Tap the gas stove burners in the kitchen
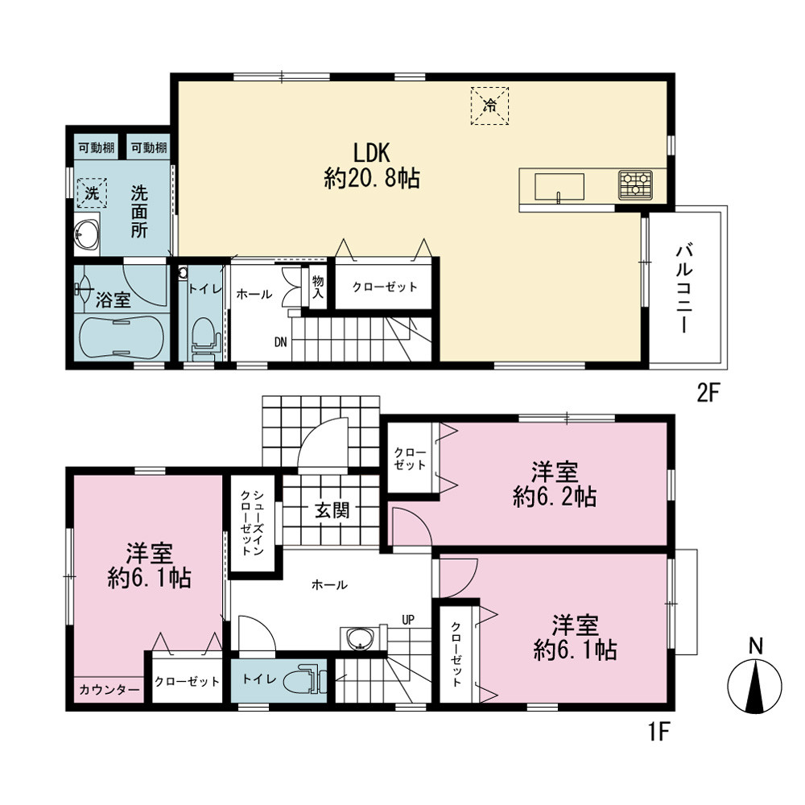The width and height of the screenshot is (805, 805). click(635, 185)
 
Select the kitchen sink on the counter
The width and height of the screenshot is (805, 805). click(559, 187)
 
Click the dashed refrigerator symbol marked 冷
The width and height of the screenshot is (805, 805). click(489, 105)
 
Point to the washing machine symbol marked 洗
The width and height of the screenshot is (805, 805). click(92, 193)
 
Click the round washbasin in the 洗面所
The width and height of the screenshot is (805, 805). click(86, 237)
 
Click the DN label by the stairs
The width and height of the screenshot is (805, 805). click(280, 342)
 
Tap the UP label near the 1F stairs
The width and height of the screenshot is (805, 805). click(408, 620)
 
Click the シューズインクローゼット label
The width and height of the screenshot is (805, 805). click(252, 522)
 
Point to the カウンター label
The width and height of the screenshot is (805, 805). click(109, 690)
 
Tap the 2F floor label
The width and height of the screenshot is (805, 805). click(709, 394)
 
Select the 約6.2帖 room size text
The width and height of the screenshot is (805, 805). click(555, 497)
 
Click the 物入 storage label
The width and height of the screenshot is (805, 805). click(318, 287)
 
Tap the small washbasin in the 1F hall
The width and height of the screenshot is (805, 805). click(359, 639)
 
